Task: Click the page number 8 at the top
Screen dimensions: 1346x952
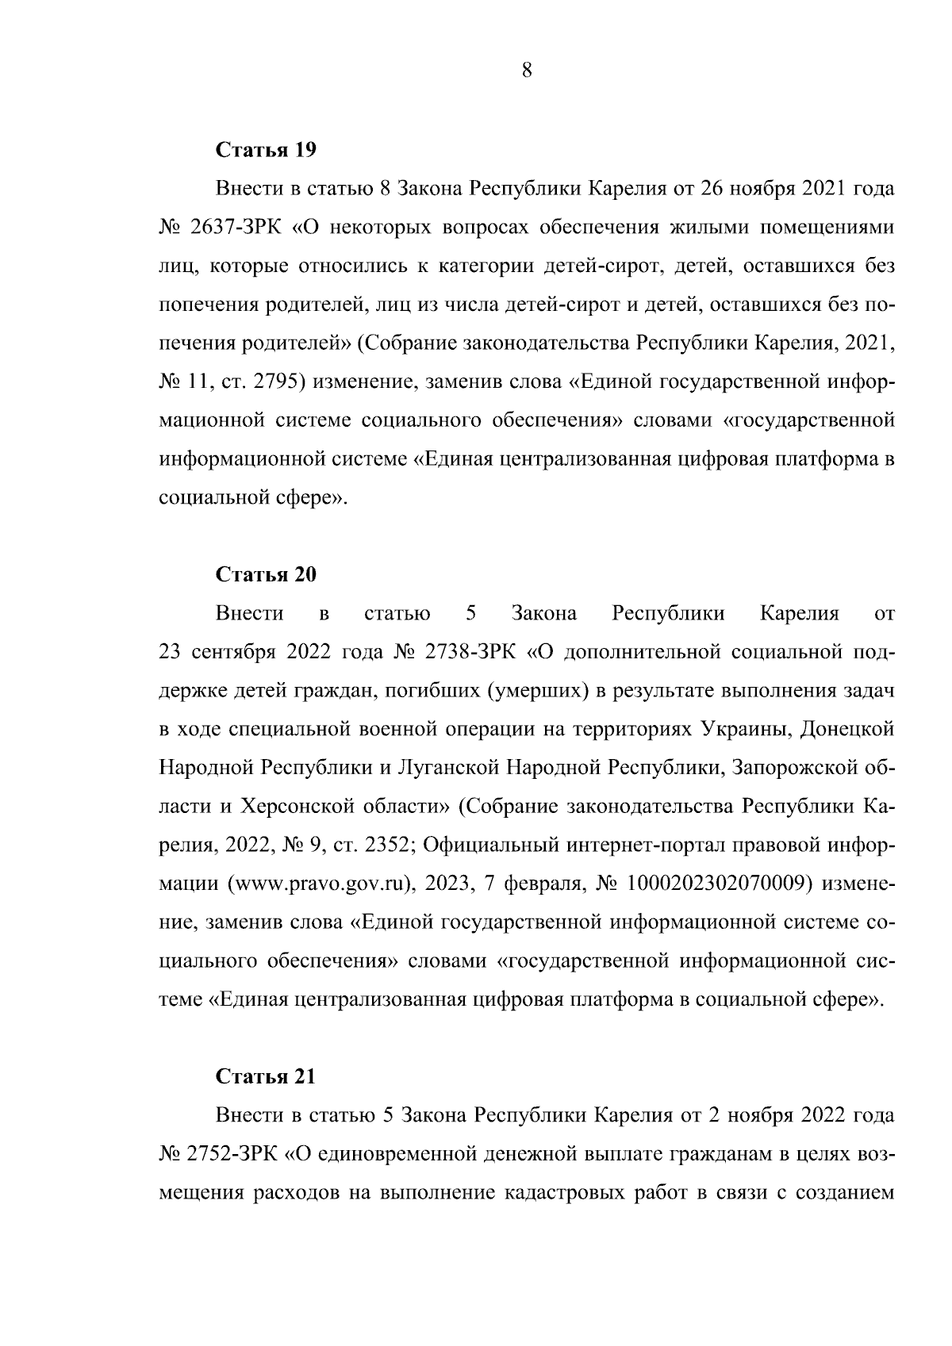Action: tap(527, 71)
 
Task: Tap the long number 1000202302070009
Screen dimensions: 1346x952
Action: tap(718, 884)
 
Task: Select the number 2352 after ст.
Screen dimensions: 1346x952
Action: tap(386, 846)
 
